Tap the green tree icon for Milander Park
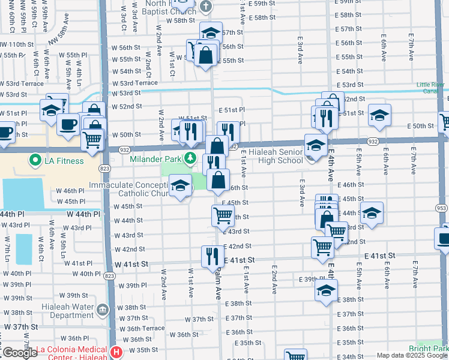coord(190,158)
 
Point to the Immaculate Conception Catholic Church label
coord(128,190)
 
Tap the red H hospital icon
coord(116,351)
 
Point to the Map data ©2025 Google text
coord(411,355)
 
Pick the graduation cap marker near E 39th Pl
coord(326,291)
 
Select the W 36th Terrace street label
coord(142,328)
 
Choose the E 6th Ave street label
coord(383,52)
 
